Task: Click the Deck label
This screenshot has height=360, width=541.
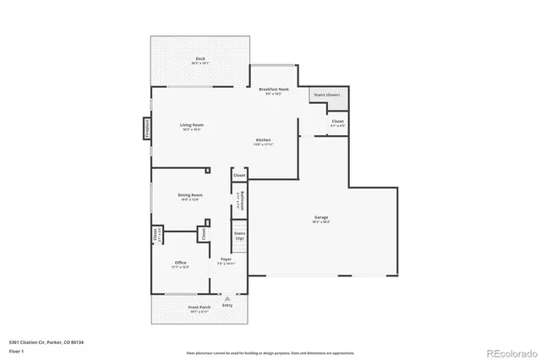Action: click(199, 59)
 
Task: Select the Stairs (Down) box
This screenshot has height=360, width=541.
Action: click(326, 95)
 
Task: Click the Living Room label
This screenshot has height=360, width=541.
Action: click(192, 126)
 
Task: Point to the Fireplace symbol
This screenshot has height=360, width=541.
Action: click(146, 128)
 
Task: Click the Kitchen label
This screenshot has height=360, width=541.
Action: click(264, 141)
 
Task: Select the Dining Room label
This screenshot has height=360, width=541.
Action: click(190, 197)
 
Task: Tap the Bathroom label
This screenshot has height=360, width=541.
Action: click(241, 201)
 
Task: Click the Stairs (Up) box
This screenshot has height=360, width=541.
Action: click(239, 236)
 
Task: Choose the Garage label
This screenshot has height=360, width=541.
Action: click(322, 220)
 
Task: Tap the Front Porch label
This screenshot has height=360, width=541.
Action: click(199, 308)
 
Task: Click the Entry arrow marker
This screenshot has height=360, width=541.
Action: click(227, 298)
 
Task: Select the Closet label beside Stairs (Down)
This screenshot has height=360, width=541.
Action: click(337, 123)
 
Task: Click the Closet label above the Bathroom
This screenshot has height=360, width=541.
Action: click(239, 175)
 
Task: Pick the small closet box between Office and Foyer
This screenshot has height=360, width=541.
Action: click(204, 232)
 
